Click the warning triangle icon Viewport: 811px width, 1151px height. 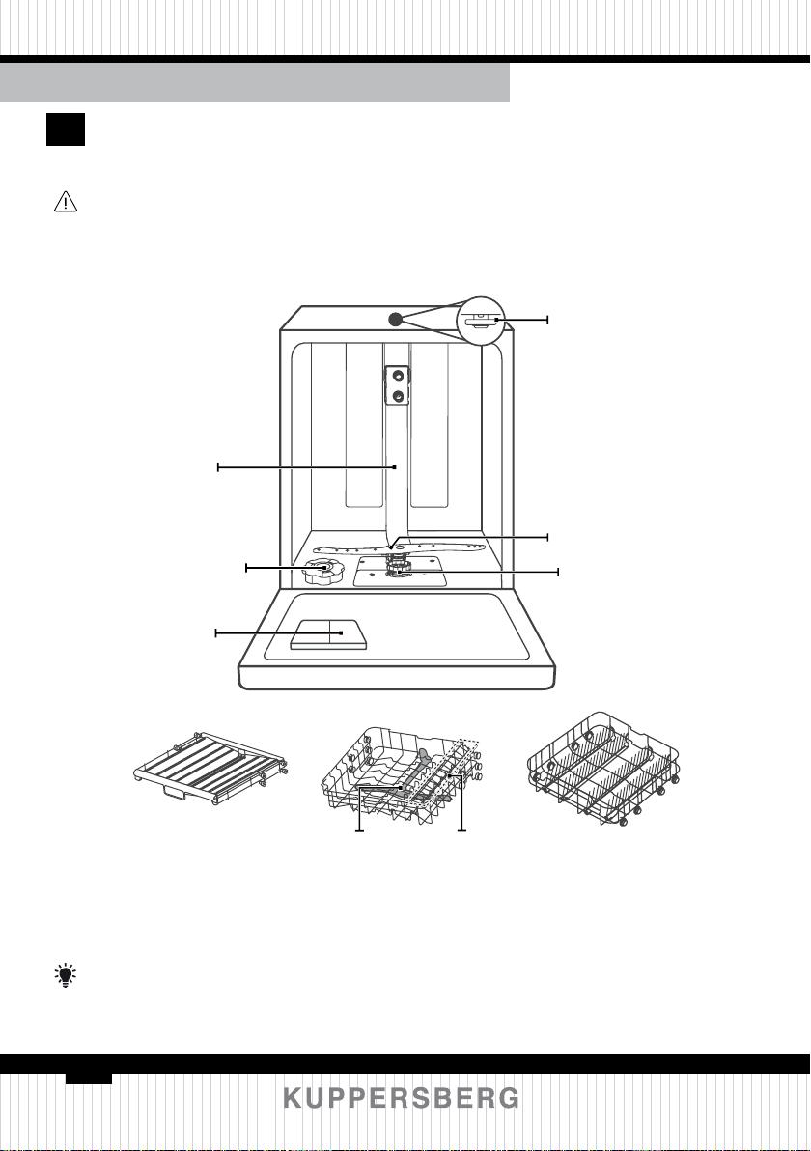tap(66, 202)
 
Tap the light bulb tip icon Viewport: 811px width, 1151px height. tap(66, 975)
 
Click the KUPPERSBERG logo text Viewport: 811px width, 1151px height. tap(402, 1098)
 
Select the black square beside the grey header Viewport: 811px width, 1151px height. tap(66, 129)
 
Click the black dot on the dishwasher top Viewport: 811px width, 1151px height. tap(395, 319)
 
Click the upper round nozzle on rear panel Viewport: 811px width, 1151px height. tap(398, 375)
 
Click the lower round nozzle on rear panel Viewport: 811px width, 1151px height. tap(398, 397)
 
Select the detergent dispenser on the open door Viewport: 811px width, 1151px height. tap(327, 632)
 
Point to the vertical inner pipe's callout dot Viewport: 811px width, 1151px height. tap(395, 466)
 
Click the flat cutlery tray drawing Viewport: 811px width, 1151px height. tap(211, 769)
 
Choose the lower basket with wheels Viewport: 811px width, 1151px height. tap(604, 769)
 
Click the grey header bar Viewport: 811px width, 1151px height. tap(255, 82)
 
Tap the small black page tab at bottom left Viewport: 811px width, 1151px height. tap(88, 1078)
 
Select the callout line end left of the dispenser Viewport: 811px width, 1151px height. tap(215, 632)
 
